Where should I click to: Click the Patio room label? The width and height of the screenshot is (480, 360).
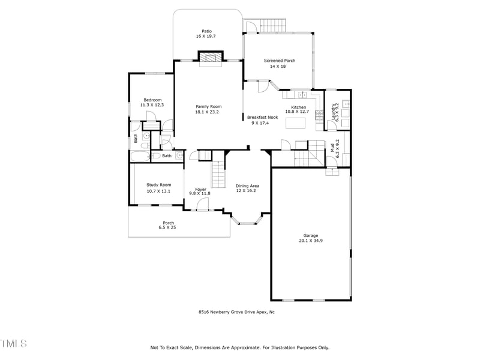coord(206,31)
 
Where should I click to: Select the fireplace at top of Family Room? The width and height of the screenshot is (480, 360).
coord(210,58)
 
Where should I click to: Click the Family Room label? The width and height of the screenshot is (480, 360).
coord(208,106)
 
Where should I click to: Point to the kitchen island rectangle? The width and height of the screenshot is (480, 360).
coord(296,123)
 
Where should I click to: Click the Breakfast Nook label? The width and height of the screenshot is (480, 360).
coord(262,117)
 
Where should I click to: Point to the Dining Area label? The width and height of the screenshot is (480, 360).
coord(248,186)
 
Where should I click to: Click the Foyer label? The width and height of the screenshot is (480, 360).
coord(200,189)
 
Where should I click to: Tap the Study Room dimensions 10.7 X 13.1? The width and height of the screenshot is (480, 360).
coord(158,191)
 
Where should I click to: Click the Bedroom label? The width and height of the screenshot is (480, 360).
coord(152,100)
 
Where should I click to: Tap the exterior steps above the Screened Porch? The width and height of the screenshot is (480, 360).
coord(274,26)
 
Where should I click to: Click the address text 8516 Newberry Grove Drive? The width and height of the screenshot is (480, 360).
coord(236,312)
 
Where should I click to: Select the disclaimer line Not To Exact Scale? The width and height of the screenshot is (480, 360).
coord(239,347)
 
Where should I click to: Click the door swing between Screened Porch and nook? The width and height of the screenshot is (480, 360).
coord(262,87)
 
